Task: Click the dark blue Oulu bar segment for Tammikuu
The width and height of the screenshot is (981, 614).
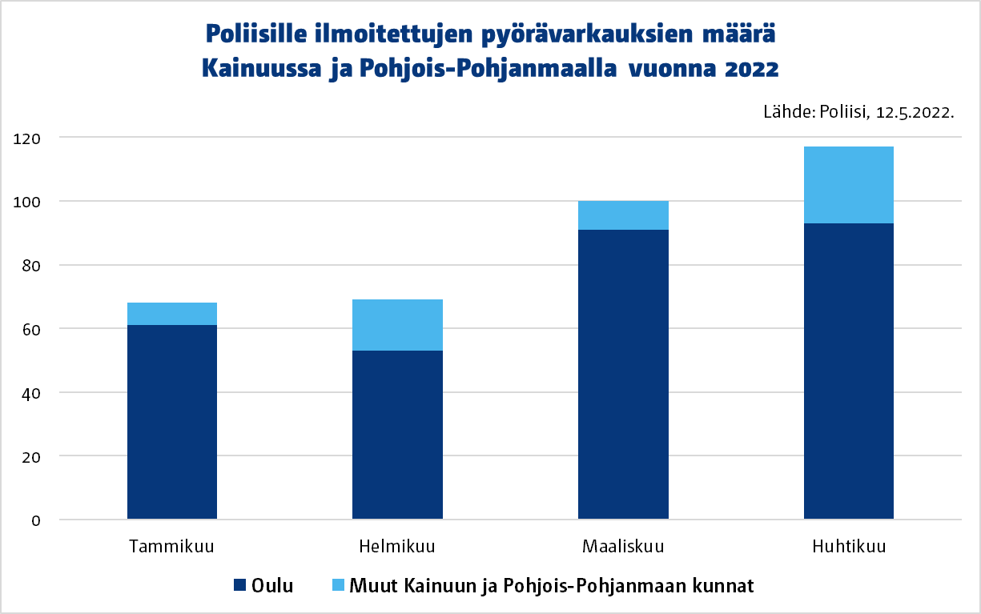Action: [172, 422]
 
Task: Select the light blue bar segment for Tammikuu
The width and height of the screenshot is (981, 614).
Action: [172, 314]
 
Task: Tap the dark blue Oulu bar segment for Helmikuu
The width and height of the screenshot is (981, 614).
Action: [397, 435]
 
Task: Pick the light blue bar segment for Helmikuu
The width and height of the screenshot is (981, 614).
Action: [397, 325]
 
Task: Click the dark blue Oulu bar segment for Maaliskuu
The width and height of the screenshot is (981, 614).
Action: [623, 375]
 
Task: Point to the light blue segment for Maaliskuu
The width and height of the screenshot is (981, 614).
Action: [623, 215]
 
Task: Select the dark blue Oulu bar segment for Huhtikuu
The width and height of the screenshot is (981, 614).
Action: [849, 371]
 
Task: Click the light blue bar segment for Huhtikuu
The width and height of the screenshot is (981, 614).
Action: [849, 185]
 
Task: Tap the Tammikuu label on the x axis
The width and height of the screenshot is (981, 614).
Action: [171, 548]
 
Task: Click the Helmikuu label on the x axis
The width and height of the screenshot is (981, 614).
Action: [397, 548]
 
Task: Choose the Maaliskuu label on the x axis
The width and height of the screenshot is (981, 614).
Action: [623, 548]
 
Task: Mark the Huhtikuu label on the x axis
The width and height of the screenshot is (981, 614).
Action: [849, 548]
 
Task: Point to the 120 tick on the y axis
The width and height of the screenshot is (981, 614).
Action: [27, 138]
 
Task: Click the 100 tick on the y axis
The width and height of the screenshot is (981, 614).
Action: [27, 202]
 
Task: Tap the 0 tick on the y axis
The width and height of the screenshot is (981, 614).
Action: [35, 520]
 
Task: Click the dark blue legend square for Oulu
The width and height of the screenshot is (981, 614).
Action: [239, 586]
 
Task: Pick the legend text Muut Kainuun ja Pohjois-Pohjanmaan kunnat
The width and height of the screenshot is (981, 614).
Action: [551, 586]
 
